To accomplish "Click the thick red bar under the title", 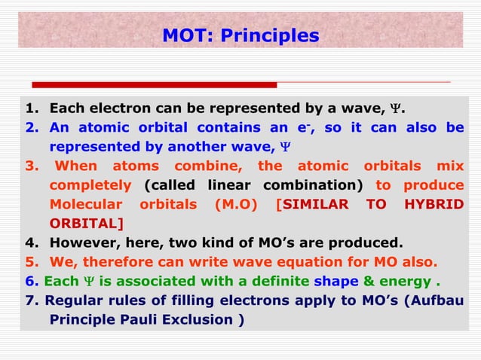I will click(x=155, y=85).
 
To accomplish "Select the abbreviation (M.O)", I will click(x=238, y=205).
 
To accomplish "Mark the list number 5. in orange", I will click(x=31, y=262).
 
